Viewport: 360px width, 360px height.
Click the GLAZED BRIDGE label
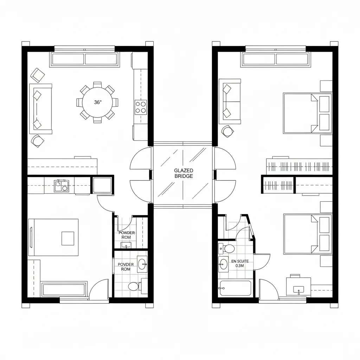click(x=183, y=173)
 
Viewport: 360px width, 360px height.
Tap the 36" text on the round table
click(x=98, y=103)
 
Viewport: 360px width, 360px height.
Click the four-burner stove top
click(x=141, y=107)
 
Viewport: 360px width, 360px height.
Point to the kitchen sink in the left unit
click(x=62, y=186)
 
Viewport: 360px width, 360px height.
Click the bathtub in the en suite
click(x=235, y=288)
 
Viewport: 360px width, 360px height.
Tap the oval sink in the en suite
click(x=223, y=264)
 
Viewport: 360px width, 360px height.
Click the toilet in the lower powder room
click(x=134, y=286)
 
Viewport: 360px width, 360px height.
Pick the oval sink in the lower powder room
click(x=142, y=264)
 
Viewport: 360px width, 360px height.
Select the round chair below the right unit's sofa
click(x=227, y=131)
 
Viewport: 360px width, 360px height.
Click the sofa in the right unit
click(x=230, y=101)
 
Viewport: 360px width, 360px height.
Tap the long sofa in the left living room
click(x=40, y=109)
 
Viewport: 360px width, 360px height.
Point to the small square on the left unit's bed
click(x=68, y=238)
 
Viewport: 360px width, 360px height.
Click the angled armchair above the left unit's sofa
click(x=38, y=75)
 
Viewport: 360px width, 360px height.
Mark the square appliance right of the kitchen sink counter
click(x=102, y=185)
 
